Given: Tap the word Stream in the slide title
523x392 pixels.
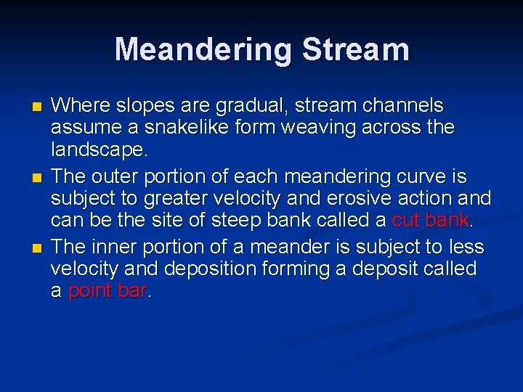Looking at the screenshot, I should (355, 49).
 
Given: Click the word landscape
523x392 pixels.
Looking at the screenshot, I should (97, 150).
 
